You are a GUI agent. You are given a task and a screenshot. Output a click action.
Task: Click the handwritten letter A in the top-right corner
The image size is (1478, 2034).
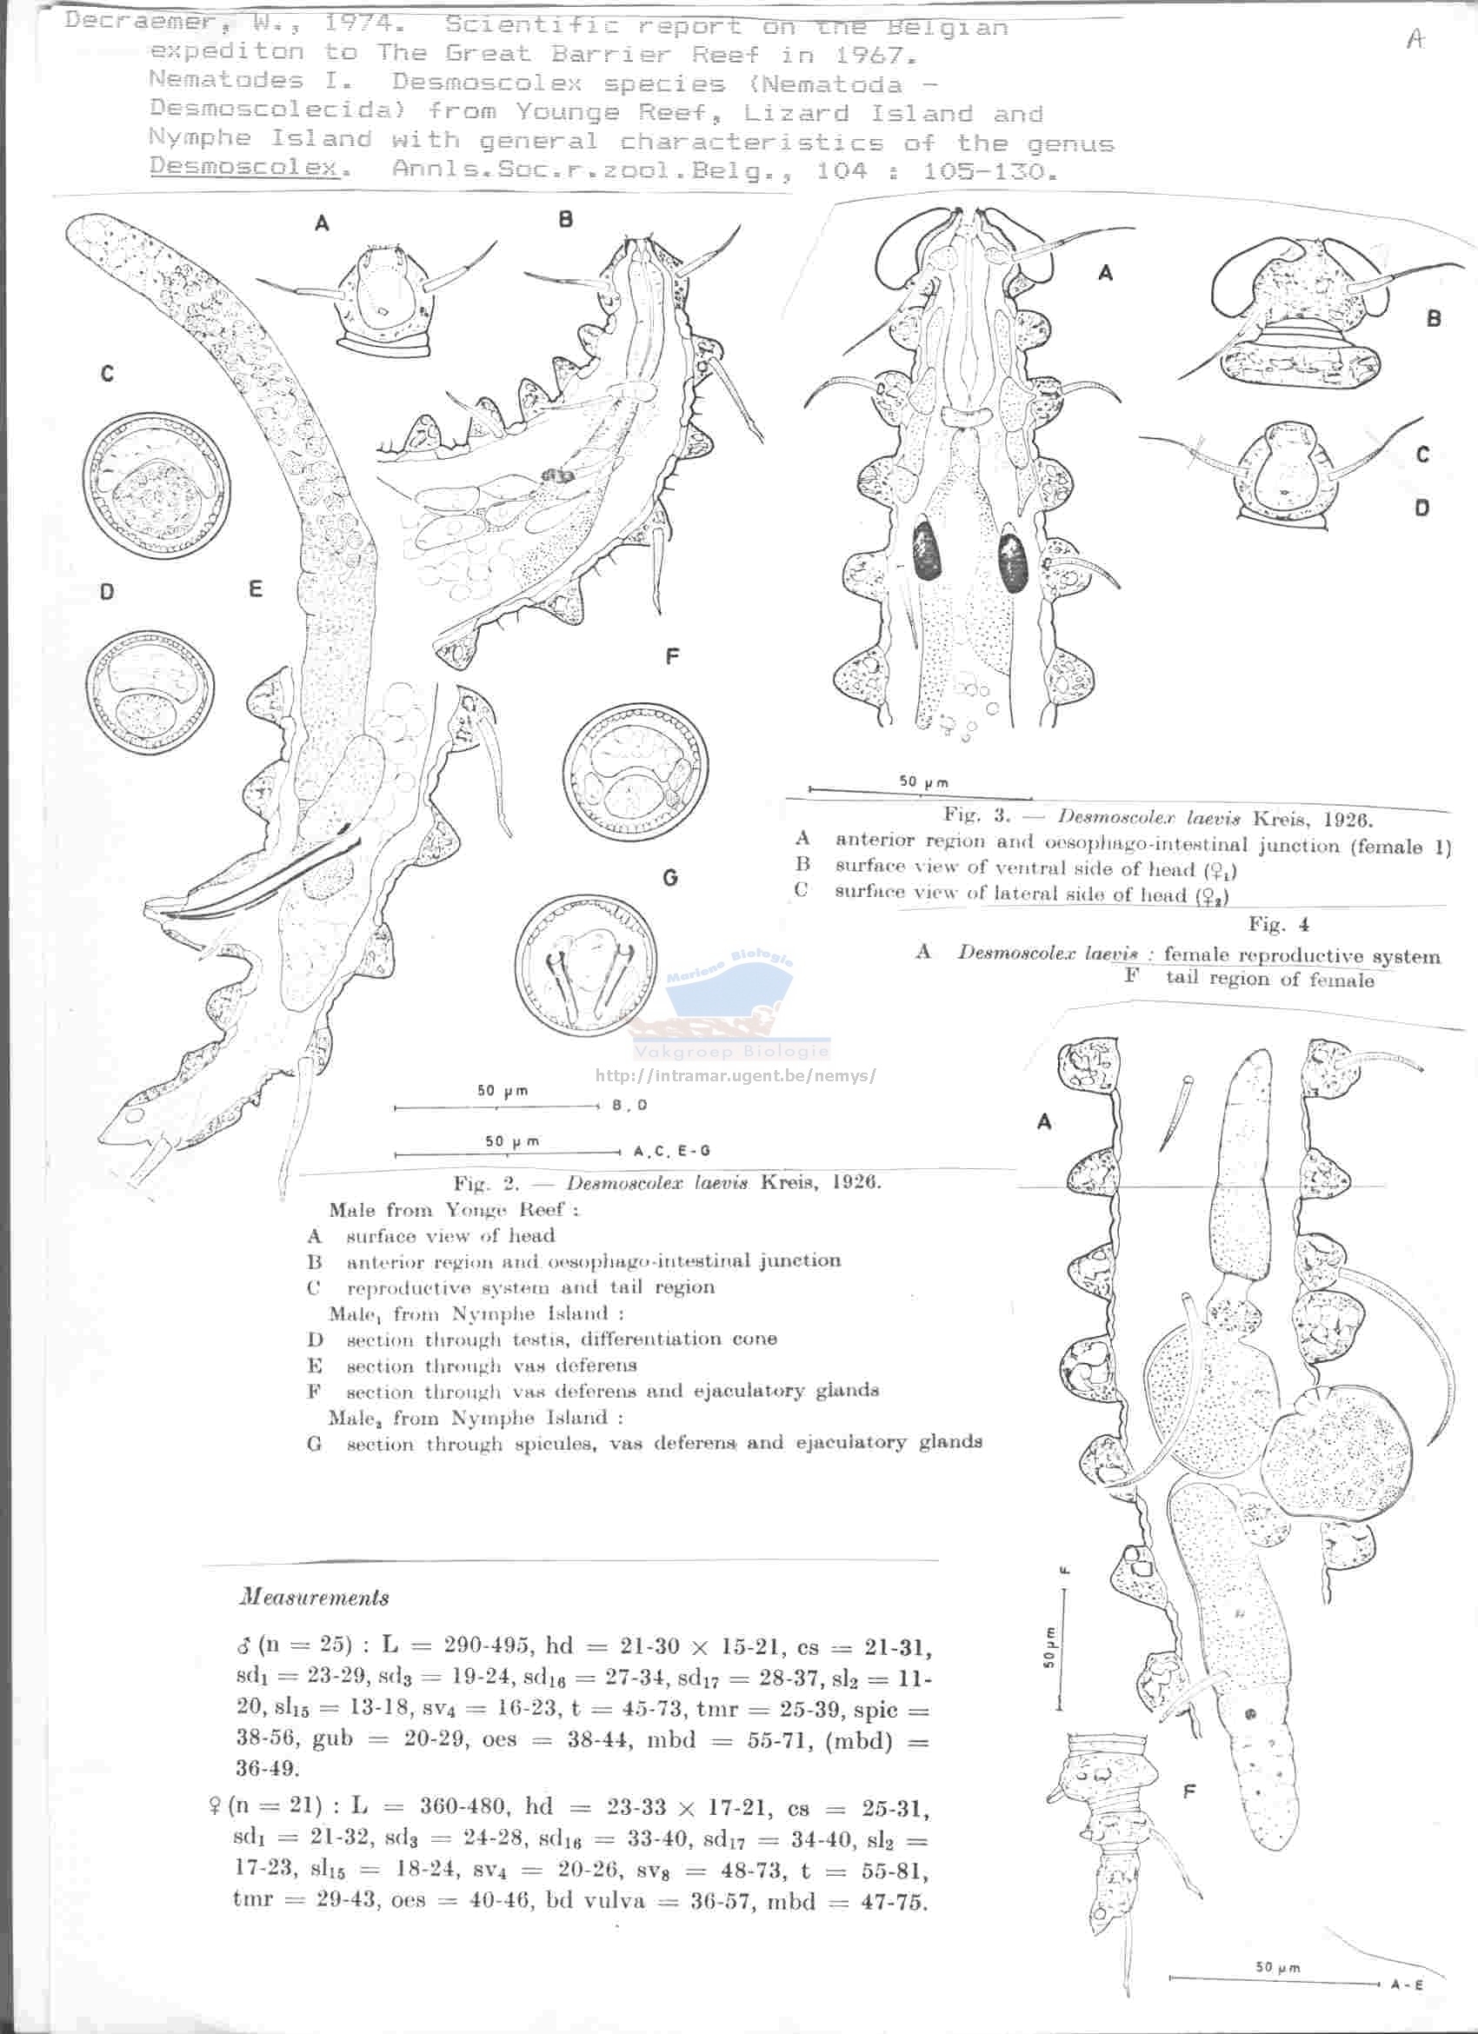[x=1415, y=39]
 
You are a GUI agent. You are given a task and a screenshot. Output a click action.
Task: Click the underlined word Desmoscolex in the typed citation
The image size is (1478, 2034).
[x=244, y=168]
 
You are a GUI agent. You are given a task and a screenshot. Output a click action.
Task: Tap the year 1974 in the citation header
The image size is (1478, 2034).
[x=362, y=23]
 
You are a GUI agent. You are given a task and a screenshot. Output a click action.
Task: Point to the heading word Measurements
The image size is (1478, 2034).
[x=314, y=1598]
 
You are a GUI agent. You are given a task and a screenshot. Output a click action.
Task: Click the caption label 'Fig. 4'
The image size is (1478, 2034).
[x=1278, y=925]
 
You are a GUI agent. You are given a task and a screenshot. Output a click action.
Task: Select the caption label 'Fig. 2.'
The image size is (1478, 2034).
[x=486, y=1182]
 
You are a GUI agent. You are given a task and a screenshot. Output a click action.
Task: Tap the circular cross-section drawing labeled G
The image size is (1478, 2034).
[x=585, y=966]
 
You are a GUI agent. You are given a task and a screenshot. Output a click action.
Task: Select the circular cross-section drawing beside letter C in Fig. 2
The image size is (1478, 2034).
[x=156, y=484]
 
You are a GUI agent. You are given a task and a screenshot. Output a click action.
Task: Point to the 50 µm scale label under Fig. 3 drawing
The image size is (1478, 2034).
[x=922, y=782]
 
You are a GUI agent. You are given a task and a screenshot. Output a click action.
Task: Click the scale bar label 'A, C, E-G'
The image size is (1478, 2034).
[x=672, y=1151]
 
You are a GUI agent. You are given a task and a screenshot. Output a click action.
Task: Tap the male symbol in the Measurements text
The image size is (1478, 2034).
[x=243, y=1646]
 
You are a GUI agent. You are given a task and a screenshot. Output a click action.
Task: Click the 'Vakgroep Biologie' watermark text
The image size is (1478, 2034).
[x=731, y=1053]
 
